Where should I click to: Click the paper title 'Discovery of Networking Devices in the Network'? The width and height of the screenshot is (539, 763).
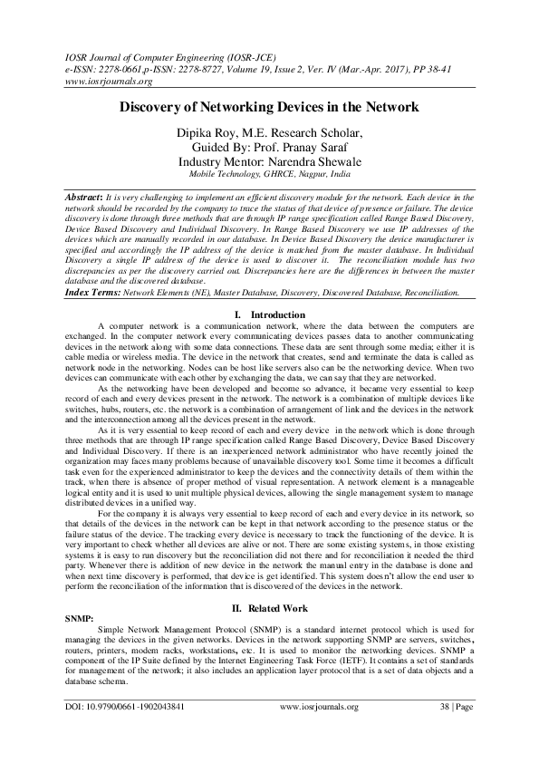pyautogui.click(x=269, y=107)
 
